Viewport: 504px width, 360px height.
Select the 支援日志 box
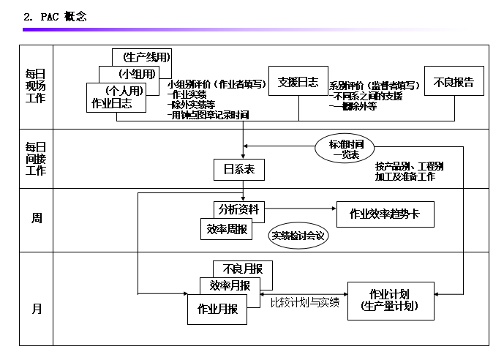click(298, 82)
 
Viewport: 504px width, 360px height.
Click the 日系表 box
click(239, 170)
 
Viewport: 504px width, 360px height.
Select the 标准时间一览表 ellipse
click(345, 149)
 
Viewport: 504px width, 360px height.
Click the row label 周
click(37, 218)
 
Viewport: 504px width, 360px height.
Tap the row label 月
click(37, 309)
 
